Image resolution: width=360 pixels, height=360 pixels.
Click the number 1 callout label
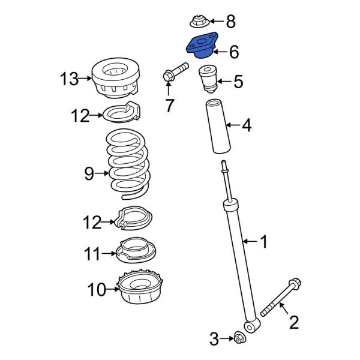pyautogui.click(x=263, y=242)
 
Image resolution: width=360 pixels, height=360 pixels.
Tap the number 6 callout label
pyautogui.click(x=233, y=52)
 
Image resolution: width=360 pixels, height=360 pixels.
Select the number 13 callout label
pyautogui.click(x=69, y=78)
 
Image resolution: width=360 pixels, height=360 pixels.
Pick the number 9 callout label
pyautogui.click(x=89, y=174)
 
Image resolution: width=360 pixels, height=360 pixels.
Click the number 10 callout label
pyautogui.click(x=97, y=290)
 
